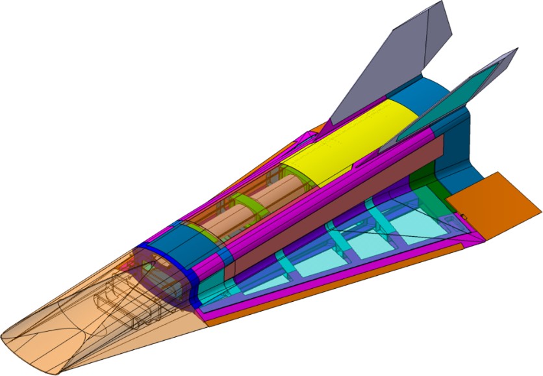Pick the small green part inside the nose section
pos(149,267)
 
